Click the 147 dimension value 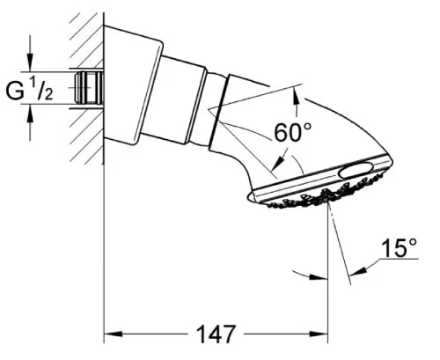(x=216, y=334)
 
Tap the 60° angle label (x=292, y=132)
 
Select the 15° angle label (x=399, y=247)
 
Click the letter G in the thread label (x=15, y=92)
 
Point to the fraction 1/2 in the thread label (x=41, y=90)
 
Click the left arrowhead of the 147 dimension (x=114, y=334)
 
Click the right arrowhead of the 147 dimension (x=319, y=334)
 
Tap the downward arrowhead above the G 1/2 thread (x=30, y=62)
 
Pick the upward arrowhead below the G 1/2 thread (x=30, y=113)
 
